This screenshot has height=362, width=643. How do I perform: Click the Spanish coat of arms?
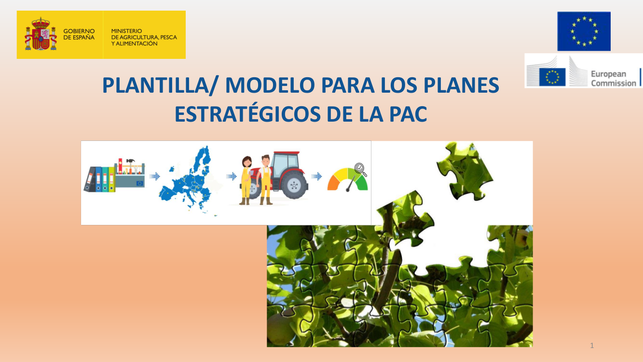tap(41, 34)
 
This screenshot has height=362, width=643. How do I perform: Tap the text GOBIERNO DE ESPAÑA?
tap(79, 34)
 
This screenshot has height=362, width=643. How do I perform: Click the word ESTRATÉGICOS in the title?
tap(247, 114)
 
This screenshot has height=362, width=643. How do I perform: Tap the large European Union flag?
tap(584, 31)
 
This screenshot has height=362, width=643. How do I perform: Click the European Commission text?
tap(614, 78)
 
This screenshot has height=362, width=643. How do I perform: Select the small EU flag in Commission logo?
tap(552, 77)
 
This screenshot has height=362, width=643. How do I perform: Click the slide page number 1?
tap(592, 345)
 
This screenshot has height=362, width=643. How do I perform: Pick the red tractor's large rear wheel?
tap(294, 185)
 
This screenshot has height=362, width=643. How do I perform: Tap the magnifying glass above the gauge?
tap(360, 169)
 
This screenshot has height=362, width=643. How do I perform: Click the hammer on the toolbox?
tap(131, 162)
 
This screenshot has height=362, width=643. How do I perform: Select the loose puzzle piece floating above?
tap(465, 171)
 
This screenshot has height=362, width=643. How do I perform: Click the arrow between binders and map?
tap(155, 176)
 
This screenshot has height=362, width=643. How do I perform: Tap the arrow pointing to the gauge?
tap(316, 176)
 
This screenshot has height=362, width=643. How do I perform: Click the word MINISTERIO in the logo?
tap(126, 31)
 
